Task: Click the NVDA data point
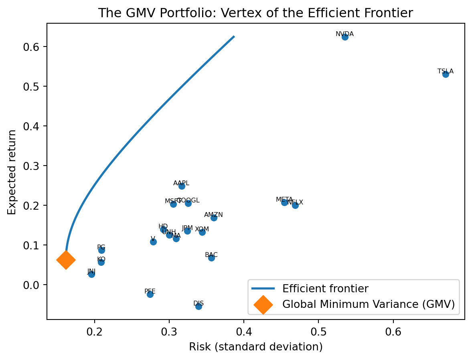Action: click(x=345, y=37)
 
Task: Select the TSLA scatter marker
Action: click(x=446, y=74)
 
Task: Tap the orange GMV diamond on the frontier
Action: click(x=66, y=260)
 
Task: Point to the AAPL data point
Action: click(x=182, y=186)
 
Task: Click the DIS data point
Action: click(x=199, y=306)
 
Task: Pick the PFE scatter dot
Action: click(x=150, y=294)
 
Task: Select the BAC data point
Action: click(x=211, y=258)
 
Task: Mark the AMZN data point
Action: click(x=214, y=218)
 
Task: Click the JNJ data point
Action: click(x=91, y=274)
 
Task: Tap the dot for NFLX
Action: click(x=295, y=205)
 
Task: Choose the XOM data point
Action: click(x=202, y=232)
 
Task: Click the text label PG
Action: click(x=101, y=247)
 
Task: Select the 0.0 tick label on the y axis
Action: click(x=35, y=285)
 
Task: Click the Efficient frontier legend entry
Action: click(x=325, y=288)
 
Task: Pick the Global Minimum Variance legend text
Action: click(x=369, y=304)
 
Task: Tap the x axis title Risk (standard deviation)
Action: click(x=256, y=347)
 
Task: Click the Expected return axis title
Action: click(x=12, y=172)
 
